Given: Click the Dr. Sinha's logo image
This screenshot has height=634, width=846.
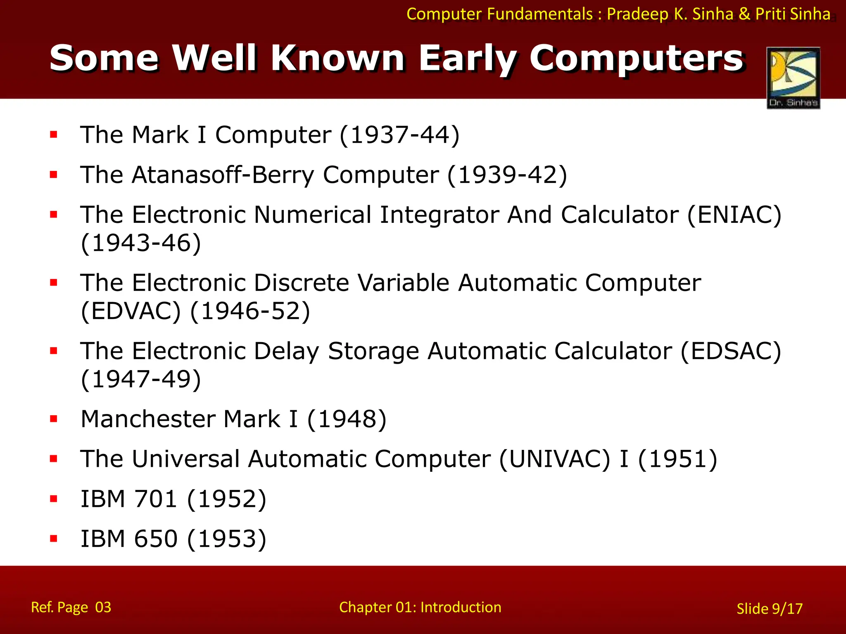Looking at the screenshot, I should (793, 78).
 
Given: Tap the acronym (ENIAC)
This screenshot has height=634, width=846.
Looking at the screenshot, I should (734, 215).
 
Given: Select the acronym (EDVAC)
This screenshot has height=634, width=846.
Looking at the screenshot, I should (131, 311).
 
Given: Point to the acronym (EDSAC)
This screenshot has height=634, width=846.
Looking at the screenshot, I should (730, 351).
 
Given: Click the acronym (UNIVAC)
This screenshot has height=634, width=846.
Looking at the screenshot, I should (554, 459).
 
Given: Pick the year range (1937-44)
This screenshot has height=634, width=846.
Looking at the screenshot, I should (399, 135).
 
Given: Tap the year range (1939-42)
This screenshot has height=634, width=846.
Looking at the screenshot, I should (507, 175).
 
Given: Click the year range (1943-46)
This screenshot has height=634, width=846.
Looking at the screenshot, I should (141, 243).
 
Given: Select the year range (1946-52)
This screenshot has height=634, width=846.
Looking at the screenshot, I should (250, 311).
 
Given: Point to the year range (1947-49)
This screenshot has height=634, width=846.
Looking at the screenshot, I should (141, 379).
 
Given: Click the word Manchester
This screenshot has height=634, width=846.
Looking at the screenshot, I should (147, 419).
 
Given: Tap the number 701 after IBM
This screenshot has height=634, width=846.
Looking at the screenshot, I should (156, 499).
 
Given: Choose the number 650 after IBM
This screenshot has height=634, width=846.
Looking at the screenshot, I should (156, 539).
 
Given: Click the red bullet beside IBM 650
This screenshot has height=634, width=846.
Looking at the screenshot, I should (54, 538).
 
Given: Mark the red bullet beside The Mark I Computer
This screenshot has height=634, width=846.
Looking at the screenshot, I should (54, 135).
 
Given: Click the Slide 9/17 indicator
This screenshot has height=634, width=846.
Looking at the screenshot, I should (769, 608).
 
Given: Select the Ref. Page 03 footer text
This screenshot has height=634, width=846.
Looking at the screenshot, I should (71, 607).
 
